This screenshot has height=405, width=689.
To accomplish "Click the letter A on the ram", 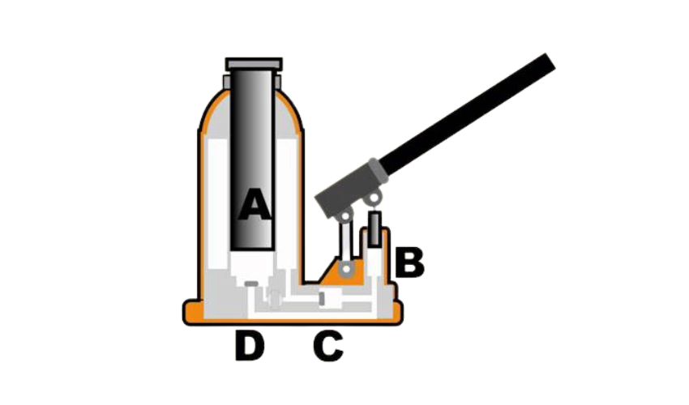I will (x=254, y=205).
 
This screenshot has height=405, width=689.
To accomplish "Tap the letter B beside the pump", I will (x=409, y=262).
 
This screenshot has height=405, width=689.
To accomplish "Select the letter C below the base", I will (x=328, y=347).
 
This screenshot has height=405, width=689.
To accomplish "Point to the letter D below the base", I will (x=250, y=347).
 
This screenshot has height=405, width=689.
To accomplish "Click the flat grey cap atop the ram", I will (x=254, y=64).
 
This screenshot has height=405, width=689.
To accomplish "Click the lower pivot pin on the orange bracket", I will (x=346, y=269).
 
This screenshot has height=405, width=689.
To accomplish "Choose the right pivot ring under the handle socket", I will (x=374, y=198).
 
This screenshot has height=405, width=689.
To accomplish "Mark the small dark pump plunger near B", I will (x=374, y=229).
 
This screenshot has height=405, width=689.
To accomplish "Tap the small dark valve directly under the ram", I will (x=254, y=283).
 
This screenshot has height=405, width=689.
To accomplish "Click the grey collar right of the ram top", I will (x=280, y=81).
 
